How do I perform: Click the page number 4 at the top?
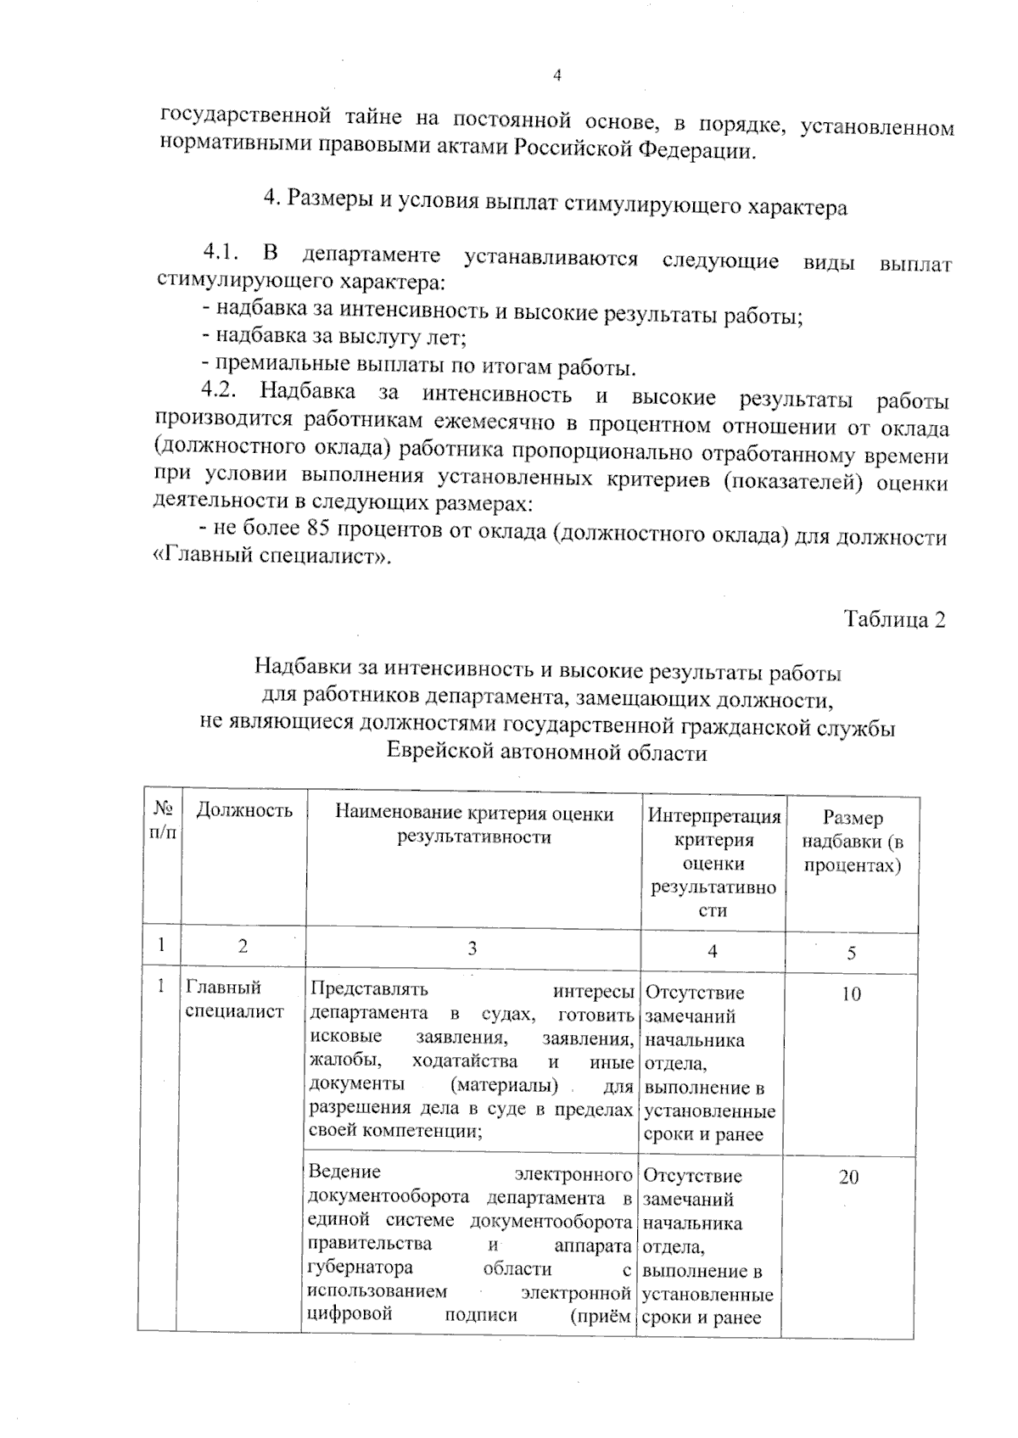coord(557,76)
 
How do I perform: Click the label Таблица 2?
coord(894,619)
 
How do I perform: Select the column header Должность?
coord(244,810)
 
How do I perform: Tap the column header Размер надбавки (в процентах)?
coord(852,841)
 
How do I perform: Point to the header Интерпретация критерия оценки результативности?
coord(713,863)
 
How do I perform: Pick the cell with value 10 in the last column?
coord(851,994)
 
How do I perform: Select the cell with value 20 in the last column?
coord(848,1178)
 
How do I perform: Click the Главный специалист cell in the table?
coord(235,999)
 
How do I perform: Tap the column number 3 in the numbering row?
coord(473,948)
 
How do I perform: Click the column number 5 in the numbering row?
coord(851,953)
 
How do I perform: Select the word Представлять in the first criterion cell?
coord(369,988)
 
